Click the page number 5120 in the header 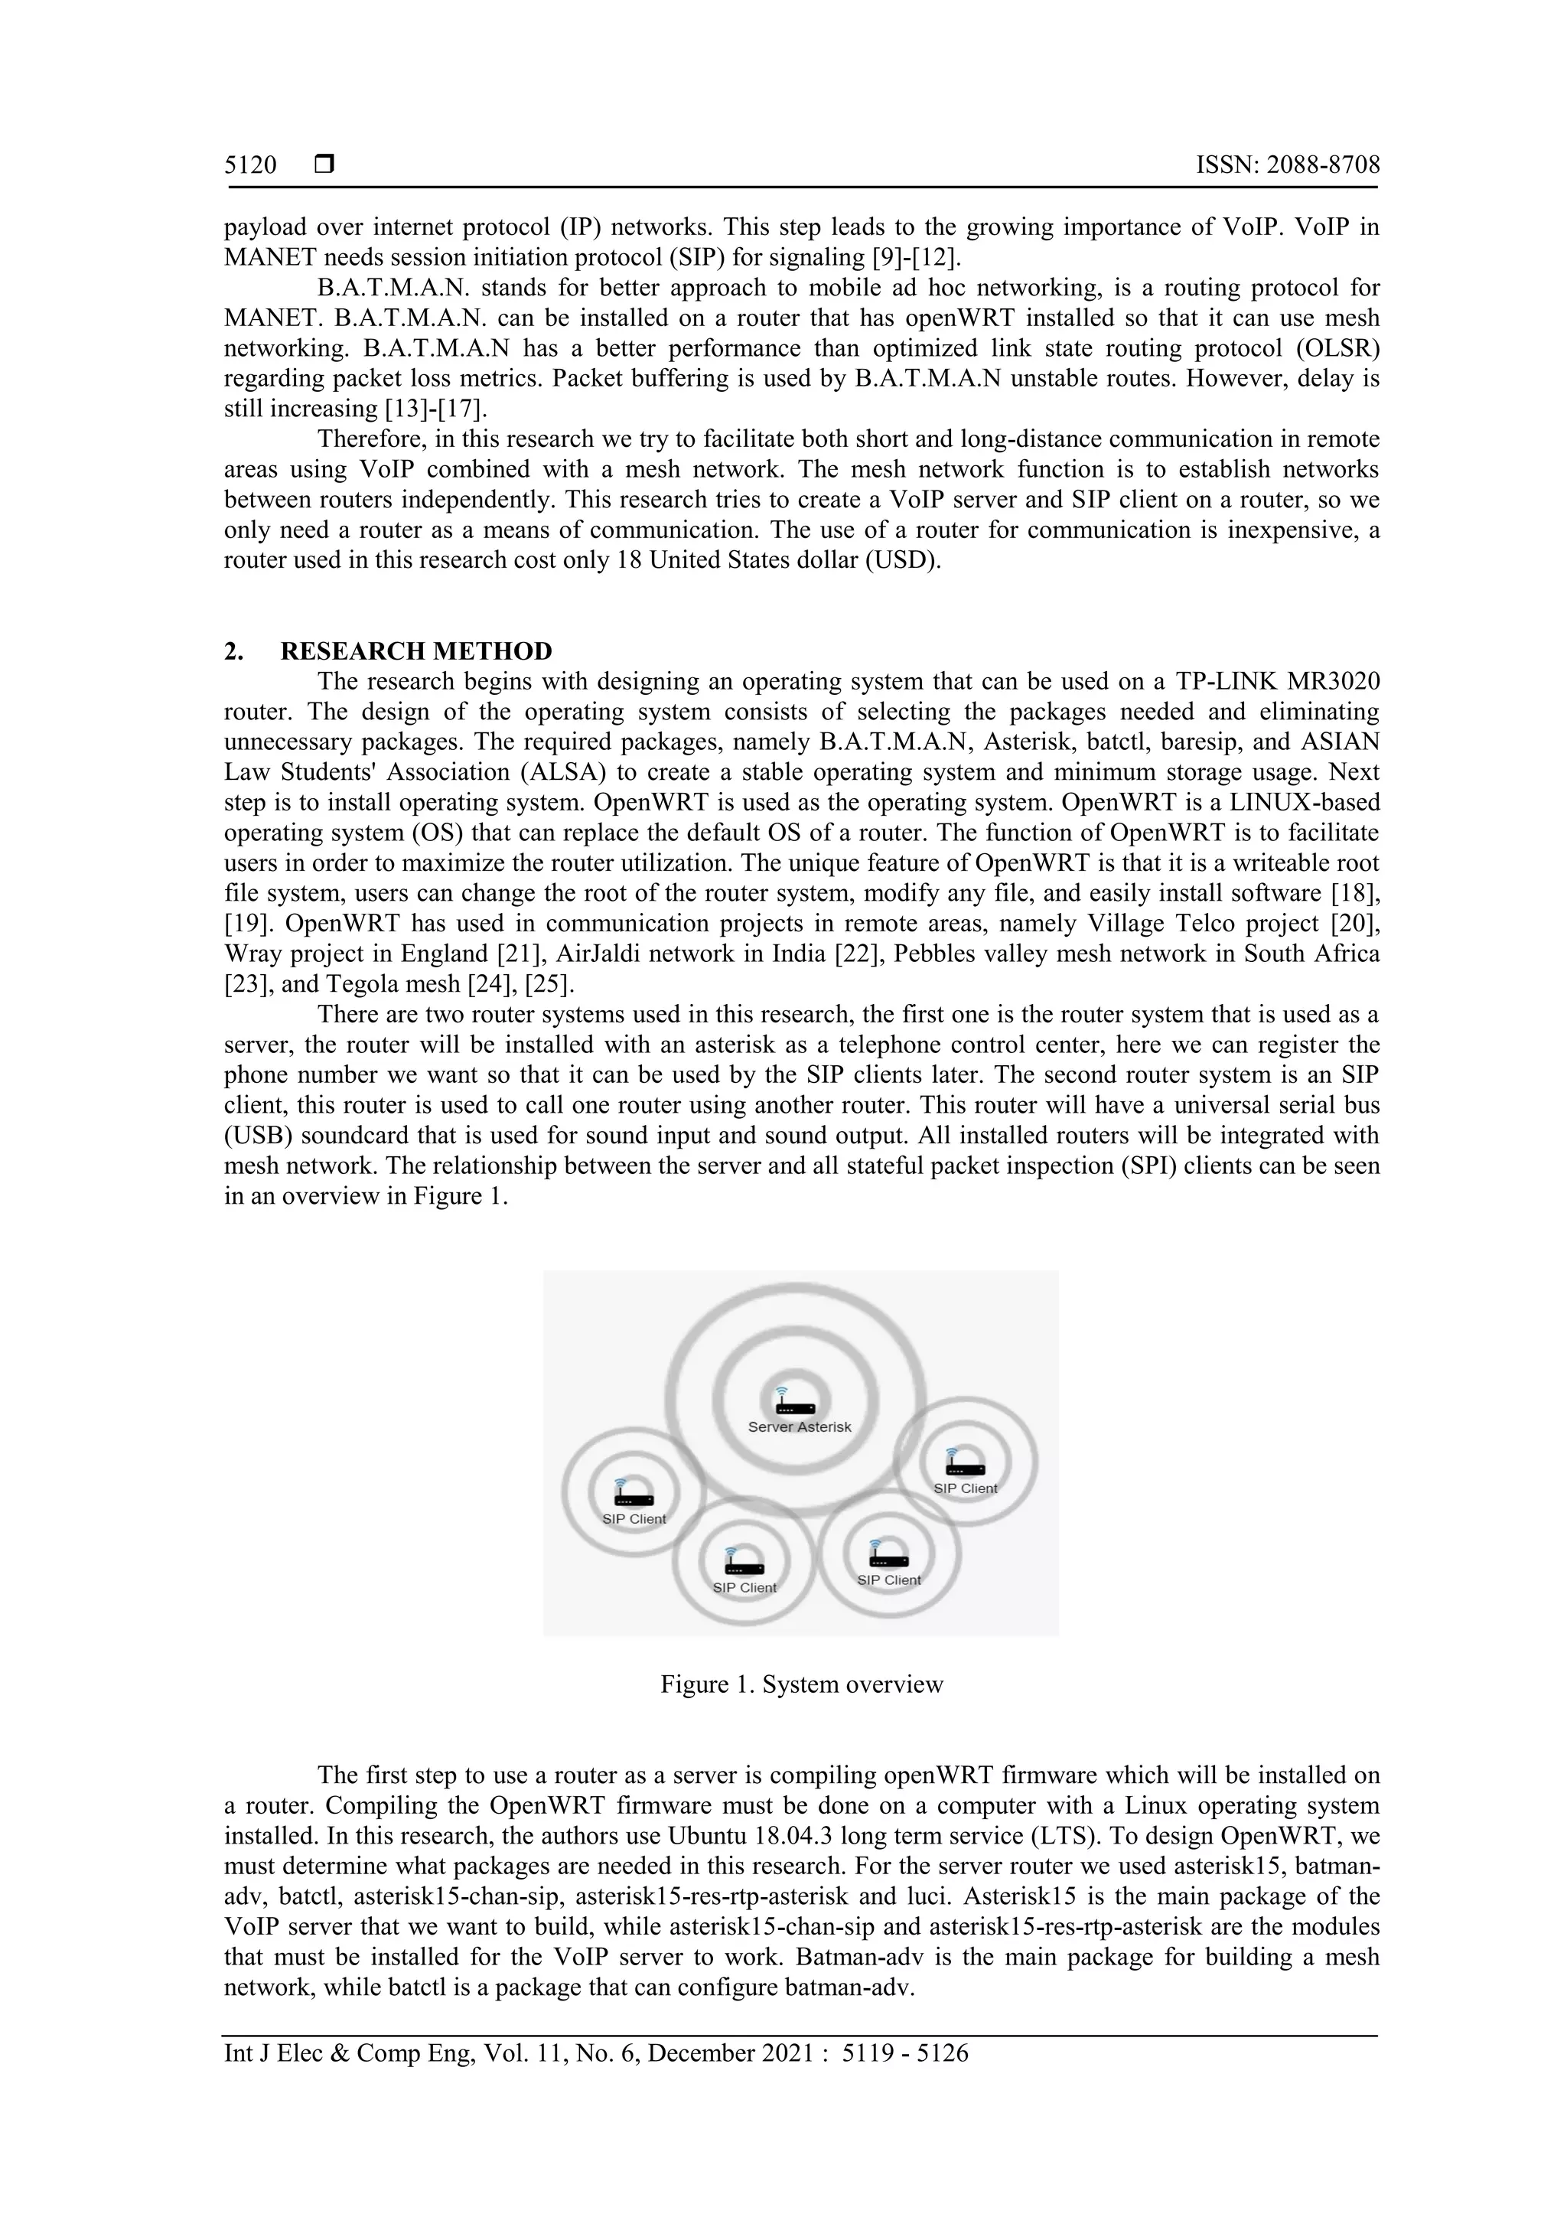click(250, 165)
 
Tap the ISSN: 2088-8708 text click(1287, 165)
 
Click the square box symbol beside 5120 click(324, 165)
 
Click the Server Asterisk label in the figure click(800, 1427)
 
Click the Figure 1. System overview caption click(801, 1685)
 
